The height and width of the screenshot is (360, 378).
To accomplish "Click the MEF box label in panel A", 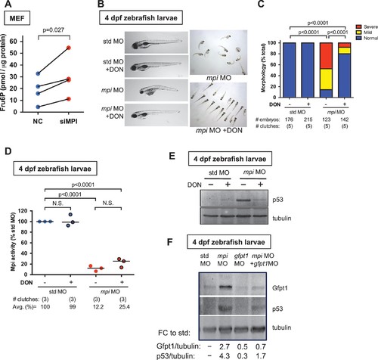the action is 17,18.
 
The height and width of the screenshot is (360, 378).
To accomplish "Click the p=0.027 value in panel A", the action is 53,30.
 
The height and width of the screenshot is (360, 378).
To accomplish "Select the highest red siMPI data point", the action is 69,48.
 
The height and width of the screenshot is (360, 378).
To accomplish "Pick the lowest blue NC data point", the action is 38,107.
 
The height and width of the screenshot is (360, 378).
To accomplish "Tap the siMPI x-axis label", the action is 69,122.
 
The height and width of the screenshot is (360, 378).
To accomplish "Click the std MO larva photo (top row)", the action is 156,42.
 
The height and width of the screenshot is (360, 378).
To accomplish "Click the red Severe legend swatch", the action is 358,26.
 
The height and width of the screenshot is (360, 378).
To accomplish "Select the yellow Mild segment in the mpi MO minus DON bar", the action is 326,79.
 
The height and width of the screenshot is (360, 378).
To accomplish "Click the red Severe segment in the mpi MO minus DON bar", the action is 326,56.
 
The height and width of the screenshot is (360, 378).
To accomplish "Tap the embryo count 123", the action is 327,119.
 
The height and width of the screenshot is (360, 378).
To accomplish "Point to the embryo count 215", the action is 308,119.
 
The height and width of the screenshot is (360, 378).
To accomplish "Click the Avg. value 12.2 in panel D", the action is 98,307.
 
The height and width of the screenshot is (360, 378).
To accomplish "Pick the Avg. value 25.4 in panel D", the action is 123,307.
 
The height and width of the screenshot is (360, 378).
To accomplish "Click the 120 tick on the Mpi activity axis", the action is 26,211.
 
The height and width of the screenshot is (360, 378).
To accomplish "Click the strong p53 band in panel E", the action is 243,200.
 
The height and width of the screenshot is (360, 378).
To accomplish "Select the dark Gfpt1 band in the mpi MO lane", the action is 224,287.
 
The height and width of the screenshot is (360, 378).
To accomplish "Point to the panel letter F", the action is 170,242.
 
